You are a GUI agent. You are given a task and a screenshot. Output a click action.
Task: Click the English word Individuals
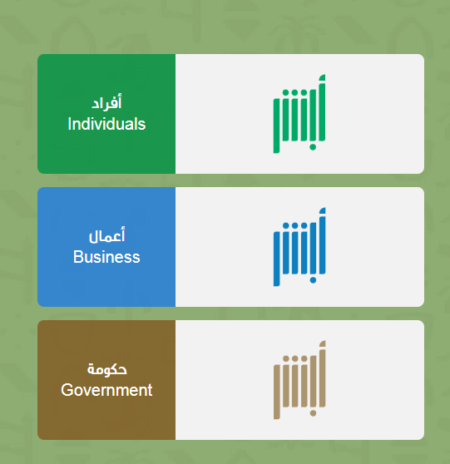[x=106, y=124]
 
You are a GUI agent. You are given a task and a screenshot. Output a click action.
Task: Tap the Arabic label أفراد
[x=106, y=102]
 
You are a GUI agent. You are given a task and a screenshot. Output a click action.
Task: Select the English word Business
[x=106, y=257]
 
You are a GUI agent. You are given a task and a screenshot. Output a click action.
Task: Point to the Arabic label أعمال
[x=106, y=235]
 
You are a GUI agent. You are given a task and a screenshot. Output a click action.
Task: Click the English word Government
[x=106, y=390]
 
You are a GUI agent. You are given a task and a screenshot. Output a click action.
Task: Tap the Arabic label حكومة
[x=106, y=369]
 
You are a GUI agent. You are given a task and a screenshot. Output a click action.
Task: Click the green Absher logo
[x=299, y=114]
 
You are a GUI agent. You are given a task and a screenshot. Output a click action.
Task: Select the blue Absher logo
[x=299, y=247]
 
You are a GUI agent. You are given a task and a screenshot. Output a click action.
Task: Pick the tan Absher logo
[x=299, y=380]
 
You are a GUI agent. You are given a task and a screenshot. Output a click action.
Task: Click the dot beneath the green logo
[x=313, y=147]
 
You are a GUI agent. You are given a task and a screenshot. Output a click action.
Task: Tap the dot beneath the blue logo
[x=313, y=280]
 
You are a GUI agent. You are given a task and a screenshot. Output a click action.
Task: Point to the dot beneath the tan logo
[x=313, y=413]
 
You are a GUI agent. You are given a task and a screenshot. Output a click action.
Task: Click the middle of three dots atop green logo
[x=294, y=92]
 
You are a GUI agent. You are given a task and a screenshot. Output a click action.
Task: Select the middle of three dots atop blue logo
[x=294, y=226]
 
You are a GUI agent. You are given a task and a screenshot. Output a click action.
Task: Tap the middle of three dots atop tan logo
[x=294, y=358]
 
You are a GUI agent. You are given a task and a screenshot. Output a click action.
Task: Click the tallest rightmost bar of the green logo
[x=322, y=108]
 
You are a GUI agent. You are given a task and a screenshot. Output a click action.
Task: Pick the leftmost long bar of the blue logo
[x=276, y=259]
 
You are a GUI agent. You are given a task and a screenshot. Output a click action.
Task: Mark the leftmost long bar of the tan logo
[x=276, y=392]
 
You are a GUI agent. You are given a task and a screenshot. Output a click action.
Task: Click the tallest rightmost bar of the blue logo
[x=322, y=241]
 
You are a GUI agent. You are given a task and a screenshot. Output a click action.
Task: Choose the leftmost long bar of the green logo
[x=276, y=126]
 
